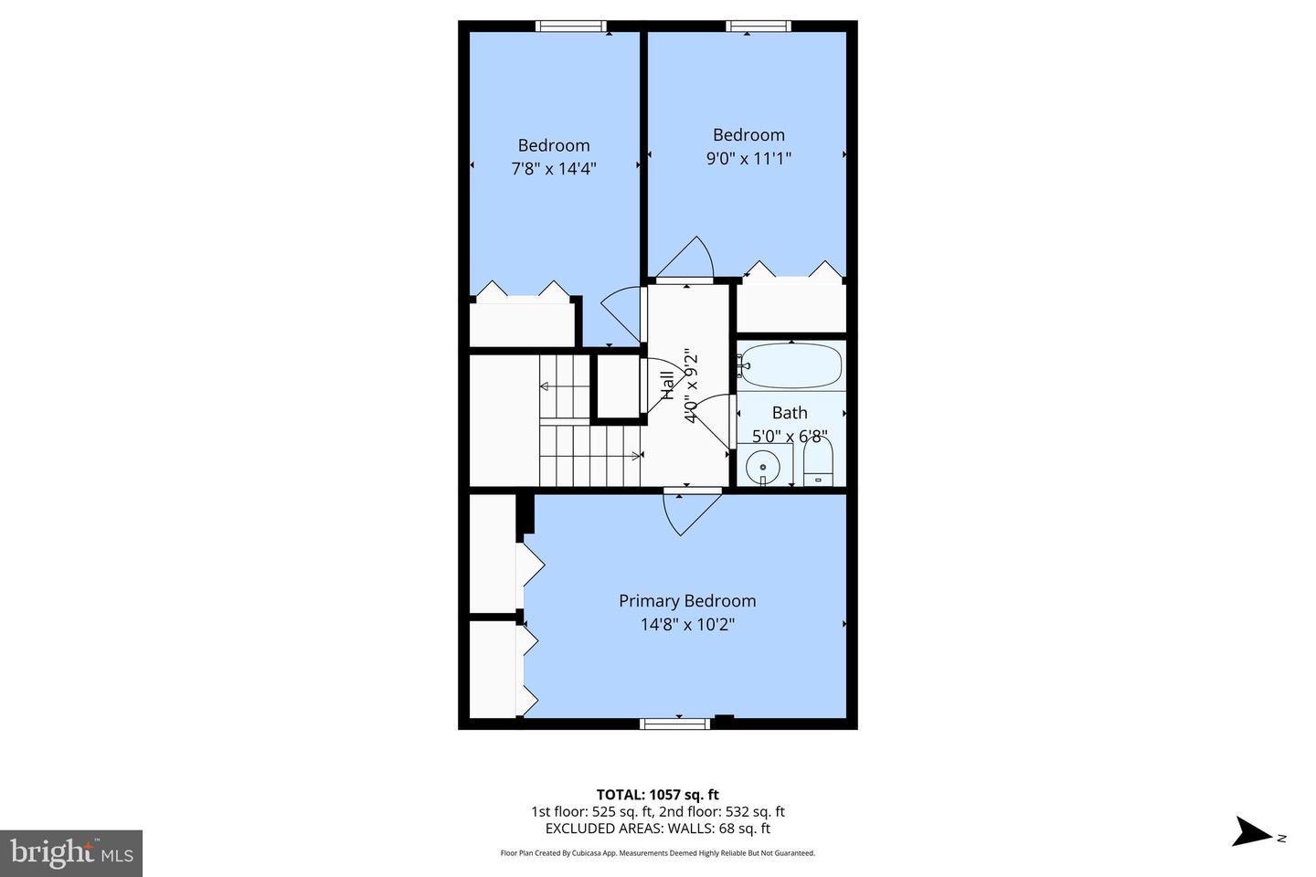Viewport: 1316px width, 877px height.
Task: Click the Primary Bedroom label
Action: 687,601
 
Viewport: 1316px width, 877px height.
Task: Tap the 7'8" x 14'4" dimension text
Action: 554,168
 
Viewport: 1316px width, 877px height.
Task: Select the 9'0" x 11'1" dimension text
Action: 748,158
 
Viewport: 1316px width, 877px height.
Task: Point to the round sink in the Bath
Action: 762,467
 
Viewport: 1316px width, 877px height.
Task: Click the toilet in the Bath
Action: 819,464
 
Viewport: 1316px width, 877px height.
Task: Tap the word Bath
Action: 790,413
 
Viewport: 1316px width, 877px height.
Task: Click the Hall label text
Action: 668,385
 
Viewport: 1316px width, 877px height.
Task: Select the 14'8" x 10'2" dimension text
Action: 687,625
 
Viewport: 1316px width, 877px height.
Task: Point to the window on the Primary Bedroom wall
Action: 675,724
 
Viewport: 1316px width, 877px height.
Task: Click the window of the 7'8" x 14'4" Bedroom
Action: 571,26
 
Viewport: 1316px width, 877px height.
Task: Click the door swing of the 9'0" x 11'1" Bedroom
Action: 687,259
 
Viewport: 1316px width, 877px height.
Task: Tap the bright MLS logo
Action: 70,853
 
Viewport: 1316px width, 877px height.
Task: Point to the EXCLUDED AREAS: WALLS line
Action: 657,829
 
